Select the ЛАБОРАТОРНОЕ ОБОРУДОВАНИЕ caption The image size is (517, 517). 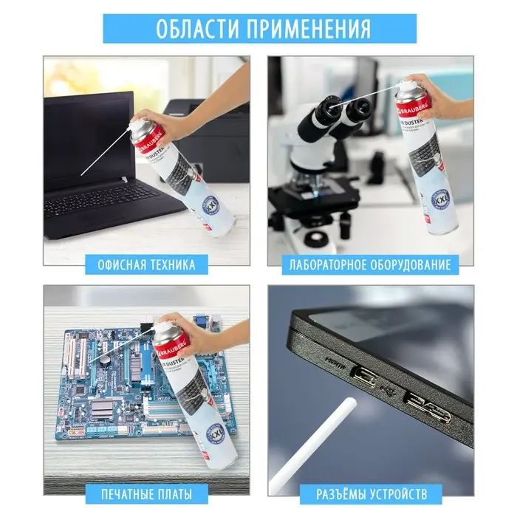point(370,264)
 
